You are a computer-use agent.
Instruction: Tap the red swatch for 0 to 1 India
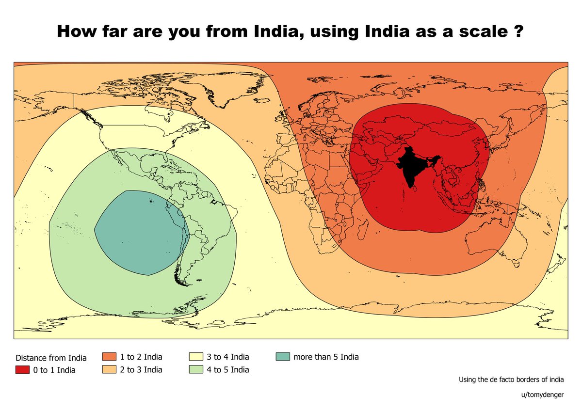22,370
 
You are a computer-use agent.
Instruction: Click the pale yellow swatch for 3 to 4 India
195,357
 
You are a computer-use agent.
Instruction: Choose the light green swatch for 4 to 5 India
195,370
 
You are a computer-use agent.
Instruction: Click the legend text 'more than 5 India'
326,357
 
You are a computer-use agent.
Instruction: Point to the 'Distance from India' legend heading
51,358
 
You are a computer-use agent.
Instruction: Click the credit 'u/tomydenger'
542,395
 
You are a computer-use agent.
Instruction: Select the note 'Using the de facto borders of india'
511,379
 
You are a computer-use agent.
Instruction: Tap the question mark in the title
518,31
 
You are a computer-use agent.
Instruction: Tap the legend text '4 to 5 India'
227,370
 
